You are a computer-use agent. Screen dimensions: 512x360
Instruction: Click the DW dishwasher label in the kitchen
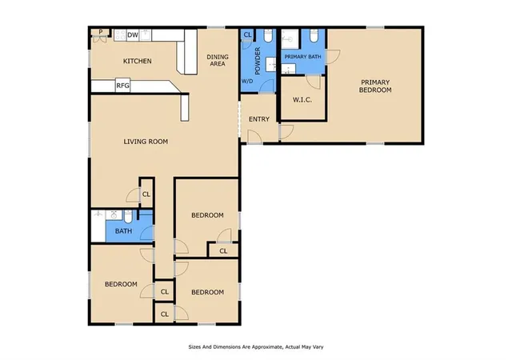[133, 35]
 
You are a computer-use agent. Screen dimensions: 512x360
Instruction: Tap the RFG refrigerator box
[122, 86]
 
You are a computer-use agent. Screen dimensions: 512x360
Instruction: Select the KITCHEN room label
[137, 61]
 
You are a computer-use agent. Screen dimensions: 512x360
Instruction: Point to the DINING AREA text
[218, 61]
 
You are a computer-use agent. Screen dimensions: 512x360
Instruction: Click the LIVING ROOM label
[146, 142]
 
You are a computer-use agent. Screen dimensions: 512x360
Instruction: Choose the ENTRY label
[259, 119]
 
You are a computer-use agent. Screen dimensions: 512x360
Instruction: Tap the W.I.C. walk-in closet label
[302, 100]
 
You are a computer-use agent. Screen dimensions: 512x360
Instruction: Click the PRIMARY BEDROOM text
[375, 86]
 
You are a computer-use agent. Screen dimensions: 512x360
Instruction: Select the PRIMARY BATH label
[302, 57]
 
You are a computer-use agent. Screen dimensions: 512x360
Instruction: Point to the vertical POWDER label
[258, 61]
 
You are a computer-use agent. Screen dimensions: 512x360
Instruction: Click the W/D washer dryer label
[247, 81]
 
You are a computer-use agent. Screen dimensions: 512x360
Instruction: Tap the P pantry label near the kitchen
[101, 32]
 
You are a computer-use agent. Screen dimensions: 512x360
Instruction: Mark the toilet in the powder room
[268, 36]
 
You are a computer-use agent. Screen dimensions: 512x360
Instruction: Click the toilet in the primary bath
[314, 36]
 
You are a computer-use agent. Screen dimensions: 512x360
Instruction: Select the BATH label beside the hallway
[123, 231]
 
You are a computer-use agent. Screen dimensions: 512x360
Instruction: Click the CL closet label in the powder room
[247, 34]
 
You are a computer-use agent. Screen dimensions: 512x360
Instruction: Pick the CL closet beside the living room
[146, 194]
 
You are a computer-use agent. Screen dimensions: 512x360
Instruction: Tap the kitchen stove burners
[120, 35]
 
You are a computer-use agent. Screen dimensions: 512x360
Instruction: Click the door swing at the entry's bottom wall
[254, 137]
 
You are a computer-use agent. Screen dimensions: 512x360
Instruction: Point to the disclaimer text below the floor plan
[256, 347]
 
